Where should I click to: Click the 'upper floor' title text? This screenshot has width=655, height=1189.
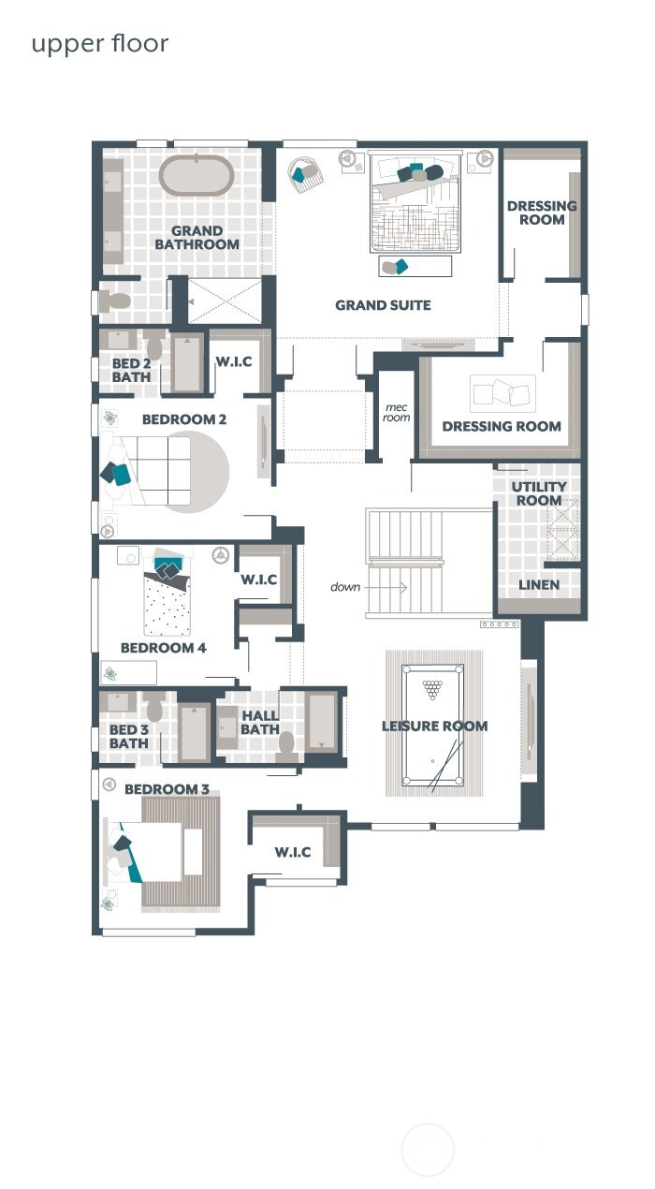pos(100,44)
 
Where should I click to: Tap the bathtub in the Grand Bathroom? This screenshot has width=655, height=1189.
pos(196,175)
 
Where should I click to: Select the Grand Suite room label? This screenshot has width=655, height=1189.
pos(383,305)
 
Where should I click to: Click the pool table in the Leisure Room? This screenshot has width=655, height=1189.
pos(432,726)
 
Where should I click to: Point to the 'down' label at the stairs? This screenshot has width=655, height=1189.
pos(345,587)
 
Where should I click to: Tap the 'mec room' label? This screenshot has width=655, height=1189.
pos(397,412)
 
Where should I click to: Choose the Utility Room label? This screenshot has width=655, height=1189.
pos(539,493)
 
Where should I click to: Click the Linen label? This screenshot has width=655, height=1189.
pos(539,585)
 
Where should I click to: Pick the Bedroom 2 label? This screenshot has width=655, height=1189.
pos(184,419)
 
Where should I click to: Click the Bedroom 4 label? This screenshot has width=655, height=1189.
pos(164,648)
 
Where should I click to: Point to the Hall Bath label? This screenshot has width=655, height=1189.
pos(259,723)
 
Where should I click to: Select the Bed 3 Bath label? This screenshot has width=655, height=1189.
pos(129,737)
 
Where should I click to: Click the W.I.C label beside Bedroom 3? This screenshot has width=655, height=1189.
pos(293,853)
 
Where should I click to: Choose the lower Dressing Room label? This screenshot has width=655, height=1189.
pos(502,426)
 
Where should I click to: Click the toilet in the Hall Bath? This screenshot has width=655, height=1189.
pos(288,745)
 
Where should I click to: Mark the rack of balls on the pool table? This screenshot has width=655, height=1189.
pos(432,690)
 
